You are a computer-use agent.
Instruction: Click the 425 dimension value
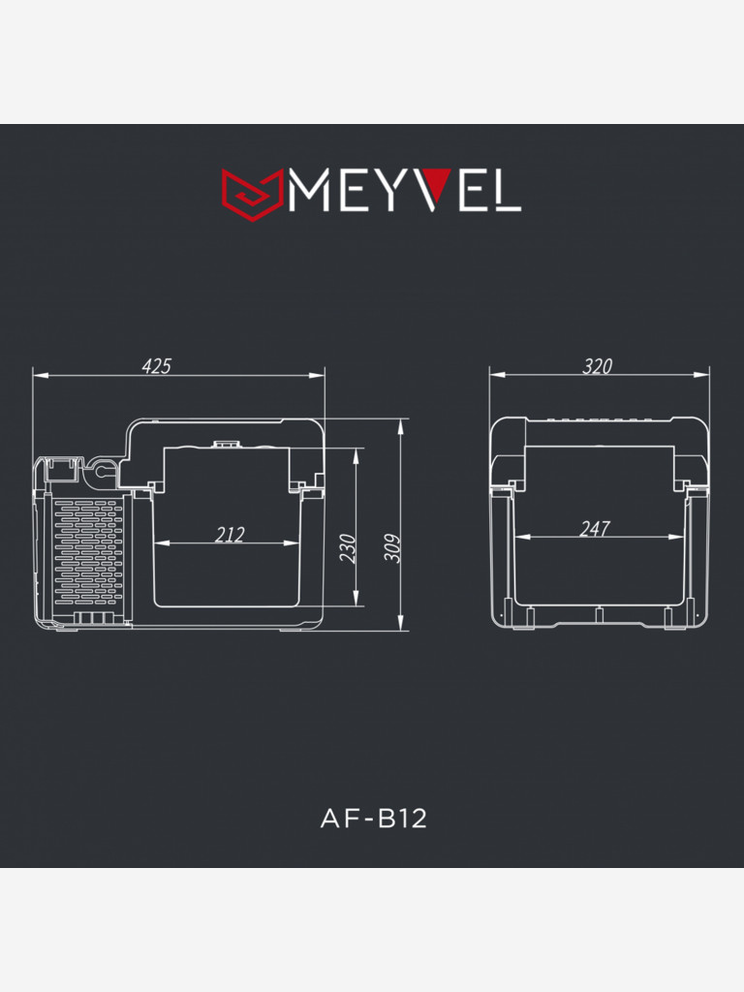point(156,365)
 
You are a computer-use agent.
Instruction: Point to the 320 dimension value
point(597,365)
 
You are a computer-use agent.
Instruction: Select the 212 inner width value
point(230,534)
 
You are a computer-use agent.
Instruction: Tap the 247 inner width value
point(594,529)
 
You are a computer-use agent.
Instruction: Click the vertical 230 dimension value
point(349,548)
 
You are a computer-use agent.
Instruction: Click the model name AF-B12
point(373,819)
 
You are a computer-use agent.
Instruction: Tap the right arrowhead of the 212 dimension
point(294,542)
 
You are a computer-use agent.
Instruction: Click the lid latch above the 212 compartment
point(226,445)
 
